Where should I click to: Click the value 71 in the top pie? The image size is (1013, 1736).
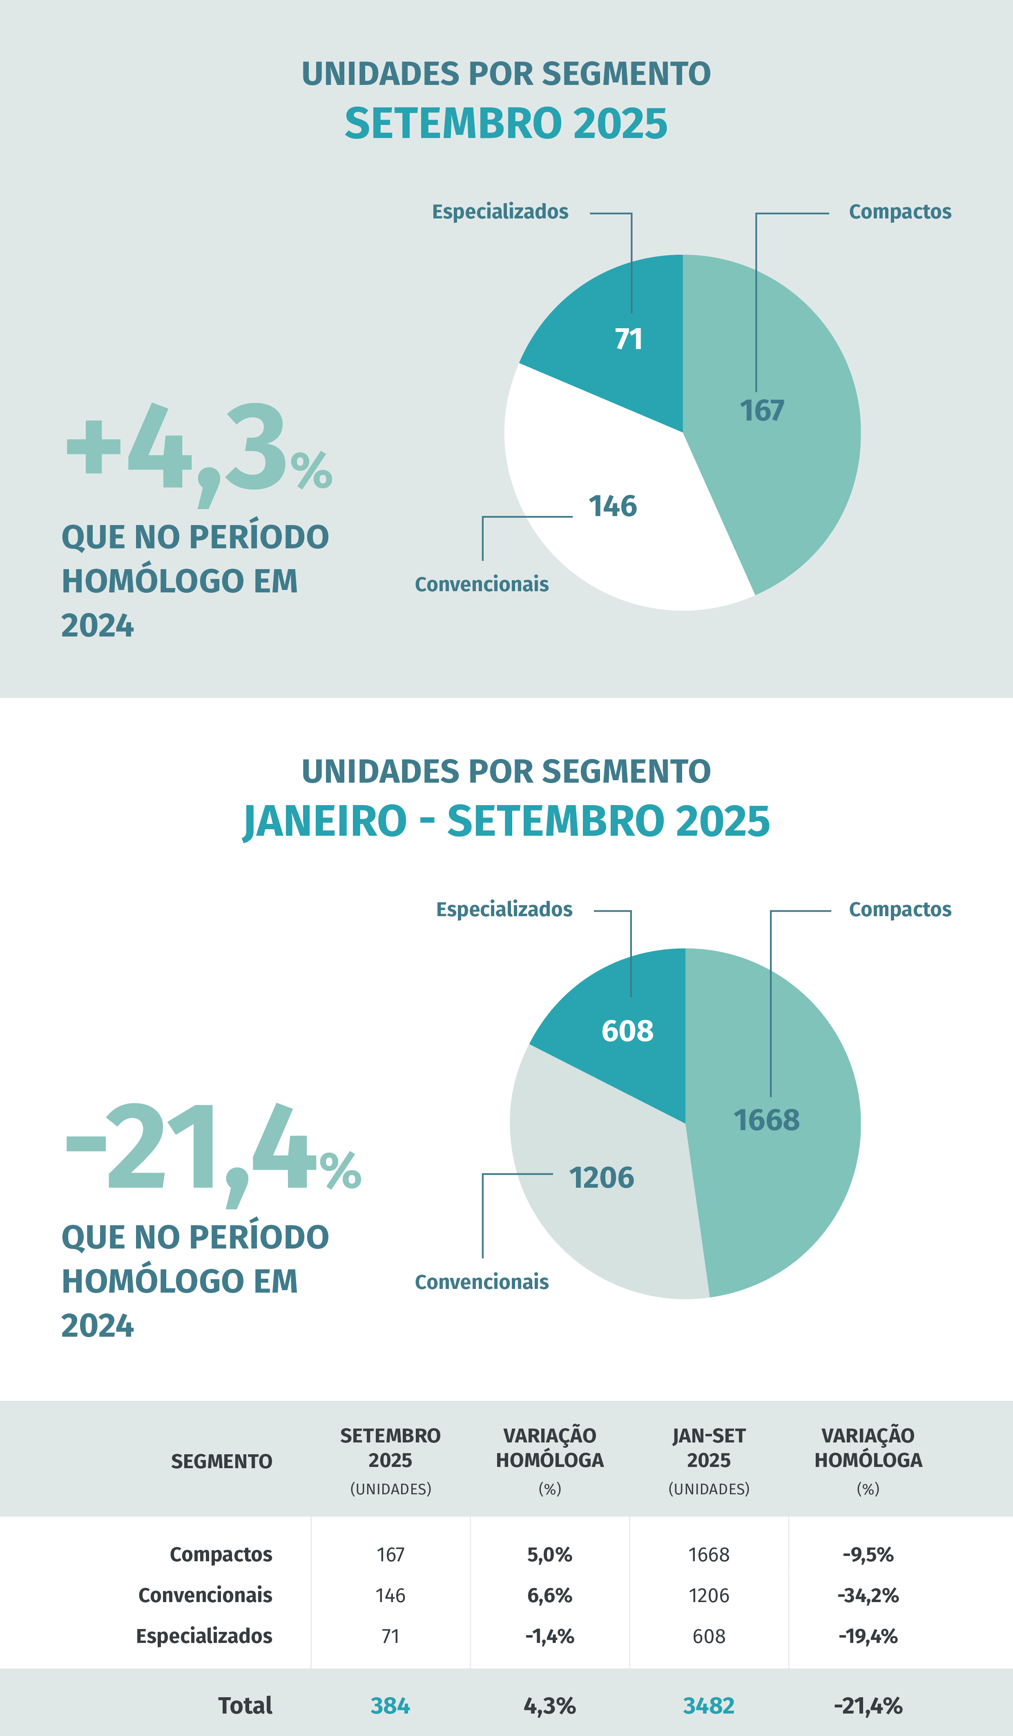pyautogui.click(x=629, y=339)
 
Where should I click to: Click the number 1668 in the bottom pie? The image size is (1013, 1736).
pyautogui.click(x=766, y=1120)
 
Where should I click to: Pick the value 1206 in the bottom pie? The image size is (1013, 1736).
pyautogui.click(x=601, y=1178)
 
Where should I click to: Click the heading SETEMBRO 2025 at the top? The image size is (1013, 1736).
pyautogui.click(x=506, y=124)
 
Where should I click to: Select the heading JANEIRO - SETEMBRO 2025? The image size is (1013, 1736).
pyautogui.click(x=506, y=821)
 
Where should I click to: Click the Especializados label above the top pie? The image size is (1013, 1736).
pyautogui.click(x=500, y=211)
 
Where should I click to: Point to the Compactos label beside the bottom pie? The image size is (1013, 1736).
pyautogui.click(x=900, y=909)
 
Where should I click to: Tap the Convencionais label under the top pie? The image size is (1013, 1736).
pyautogui.click(x=482, y=584)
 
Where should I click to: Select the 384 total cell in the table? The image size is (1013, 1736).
pyautogui.click(x=390, y=1706)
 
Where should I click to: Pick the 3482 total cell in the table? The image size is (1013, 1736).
pyautogui.click(x=708, y=1706)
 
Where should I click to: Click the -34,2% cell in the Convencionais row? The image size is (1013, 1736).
pyautogui.click(x=868, y=1596)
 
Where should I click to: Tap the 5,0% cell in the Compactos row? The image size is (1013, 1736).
pyautogui.click(x=549, y=1555)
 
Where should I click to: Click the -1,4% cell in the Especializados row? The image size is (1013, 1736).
pyautogui.click(x=549, y=1636)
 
